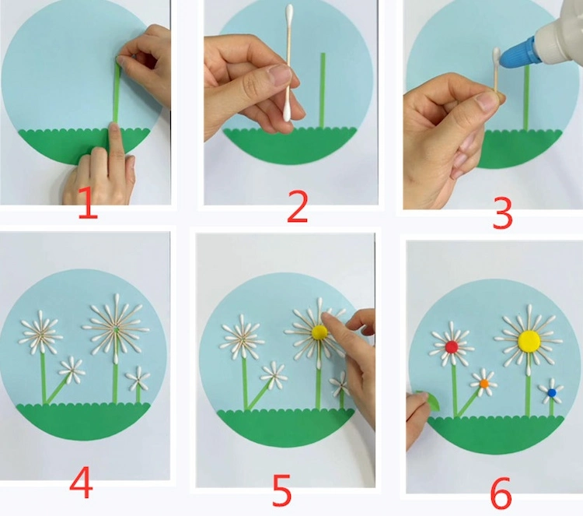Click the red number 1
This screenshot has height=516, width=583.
click(x=88, y=203)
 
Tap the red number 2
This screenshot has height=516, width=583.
click(x=298, y=206)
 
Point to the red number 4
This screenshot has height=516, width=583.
click(x=81, y=482)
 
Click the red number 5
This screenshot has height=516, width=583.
click(x=282, y=490)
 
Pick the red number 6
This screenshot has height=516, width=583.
click(x=501, y=493)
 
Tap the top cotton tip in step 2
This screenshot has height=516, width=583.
click(x=289, y=13)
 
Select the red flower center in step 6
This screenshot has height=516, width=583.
click(x=452, y=347)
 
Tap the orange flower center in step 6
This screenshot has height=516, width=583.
click(x=484, y=383)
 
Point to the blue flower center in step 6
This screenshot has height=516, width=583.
click(x=552, y=392)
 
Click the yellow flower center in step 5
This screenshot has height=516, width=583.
click(x=319, y=332)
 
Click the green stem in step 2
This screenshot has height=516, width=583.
click(x=323, y=90)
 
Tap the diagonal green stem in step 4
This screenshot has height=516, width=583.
click(x=57, y=389)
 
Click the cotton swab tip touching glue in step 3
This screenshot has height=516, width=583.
click(x=497, y=57)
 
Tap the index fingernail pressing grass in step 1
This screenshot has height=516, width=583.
click(x=113, y=130)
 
